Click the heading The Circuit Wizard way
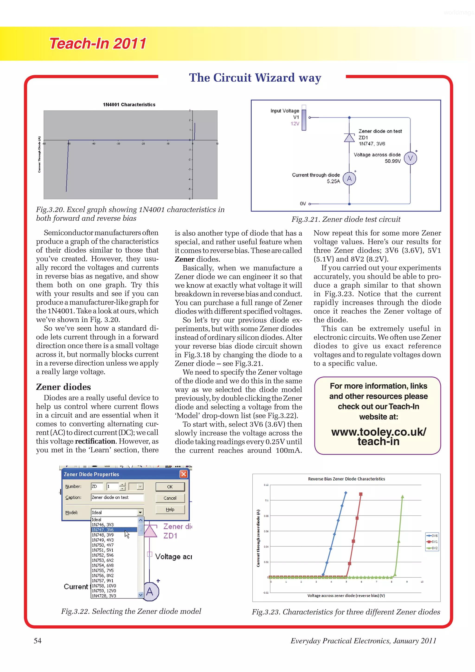coord(255,78)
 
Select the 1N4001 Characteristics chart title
coord(129,104)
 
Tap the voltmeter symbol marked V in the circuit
coord(410,158)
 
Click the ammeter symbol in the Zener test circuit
coord(349,179)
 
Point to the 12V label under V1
coord(295,123)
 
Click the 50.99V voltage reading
coord(392,161)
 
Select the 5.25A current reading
coord(333,181)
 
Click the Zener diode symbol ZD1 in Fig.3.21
coord(349,138)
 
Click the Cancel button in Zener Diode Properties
coord(170,498)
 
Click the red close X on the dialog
coord(183,474)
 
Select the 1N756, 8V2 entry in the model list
coord(103,576)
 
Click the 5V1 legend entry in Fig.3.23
coord(432,542)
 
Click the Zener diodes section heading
coord(63,387)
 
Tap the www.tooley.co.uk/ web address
coord(379,432)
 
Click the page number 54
coord(38,641)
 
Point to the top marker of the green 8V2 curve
coord(402,497)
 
